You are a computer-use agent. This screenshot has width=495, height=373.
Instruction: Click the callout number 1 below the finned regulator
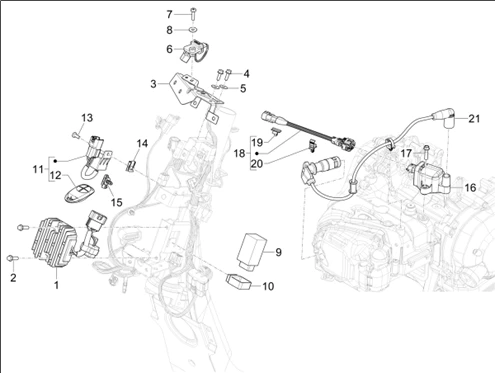click(56, 285)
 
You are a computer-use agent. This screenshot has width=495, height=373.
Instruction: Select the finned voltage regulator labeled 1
click(54, 242)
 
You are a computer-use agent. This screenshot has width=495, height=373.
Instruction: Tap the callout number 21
click(474, 119)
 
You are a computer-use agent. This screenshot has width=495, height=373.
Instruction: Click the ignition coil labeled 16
click(430, 178)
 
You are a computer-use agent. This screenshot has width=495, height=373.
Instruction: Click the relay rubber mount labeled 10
click(238, 282)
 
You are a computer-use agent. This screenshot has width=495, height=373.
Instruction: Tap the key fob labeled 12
click(79, 193)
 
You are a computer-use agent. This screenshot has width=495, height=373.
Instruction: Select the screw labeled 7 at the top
click(194, 12)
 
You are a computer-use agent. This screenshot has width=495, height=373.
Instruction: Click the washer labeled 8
click(193, 30)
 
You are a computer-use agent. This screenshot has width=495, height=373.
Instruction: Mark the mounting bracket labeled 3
click(195, 90)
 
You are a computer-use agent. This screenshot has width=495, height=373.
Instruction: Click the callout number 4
click(246, 74)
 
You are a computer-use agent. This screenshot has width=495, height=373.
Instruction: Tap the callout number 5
click(243, 89)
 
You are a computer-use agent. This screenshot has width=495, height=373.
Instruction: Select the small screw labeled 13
click(75, 135)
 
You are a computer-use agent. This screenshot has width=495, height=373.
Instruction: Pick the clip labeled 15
click(107, 181)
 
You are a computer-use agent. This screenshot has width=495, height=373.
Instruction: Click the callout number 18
click(239, 154)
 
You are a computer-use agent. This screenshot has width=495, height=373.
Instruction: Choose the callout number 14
click(142, 144)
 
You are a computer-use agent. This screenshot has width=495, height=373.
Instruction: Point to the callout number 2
click(13, 277)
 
